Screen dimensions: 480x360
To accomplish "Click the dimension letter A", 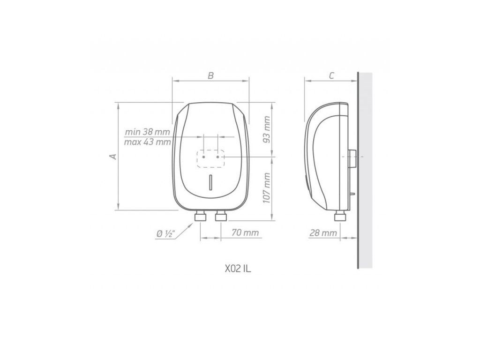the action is point(113,156).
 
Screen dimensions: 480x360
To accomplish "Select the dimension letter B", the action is point(210,75).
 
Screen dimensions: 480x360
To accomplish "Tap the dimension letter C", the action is point(331,75).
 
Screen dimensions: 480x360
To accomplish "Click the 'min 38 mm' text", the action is point(147,132).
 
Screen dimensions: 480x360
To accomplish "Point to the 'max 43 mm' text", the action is point(148,142).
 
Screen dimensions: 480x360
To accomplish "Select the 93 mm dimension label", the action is point(267,129).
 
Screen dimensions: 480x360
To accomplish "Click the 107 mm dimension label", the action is point(267,188).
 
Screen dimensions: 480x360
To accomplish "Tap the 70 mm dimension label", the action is point(245,232).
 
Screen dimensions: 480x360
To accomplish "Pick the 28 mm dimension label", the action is point(323,232).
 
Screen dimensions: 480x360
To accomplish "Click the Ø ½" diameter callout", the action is point(165,234).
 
